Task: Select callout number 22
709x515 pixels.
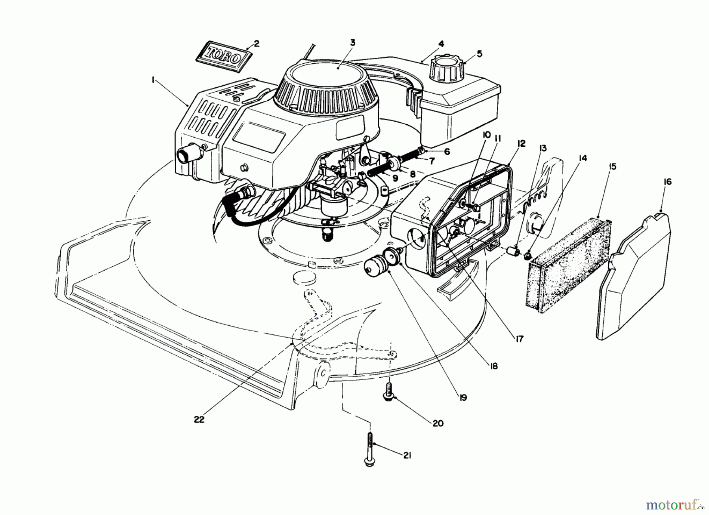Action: point(199,419)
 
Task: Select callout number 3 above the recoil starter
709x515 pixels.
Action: point(353,42)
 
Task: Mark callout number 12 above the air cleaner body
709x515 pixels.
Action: point(522,144)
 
